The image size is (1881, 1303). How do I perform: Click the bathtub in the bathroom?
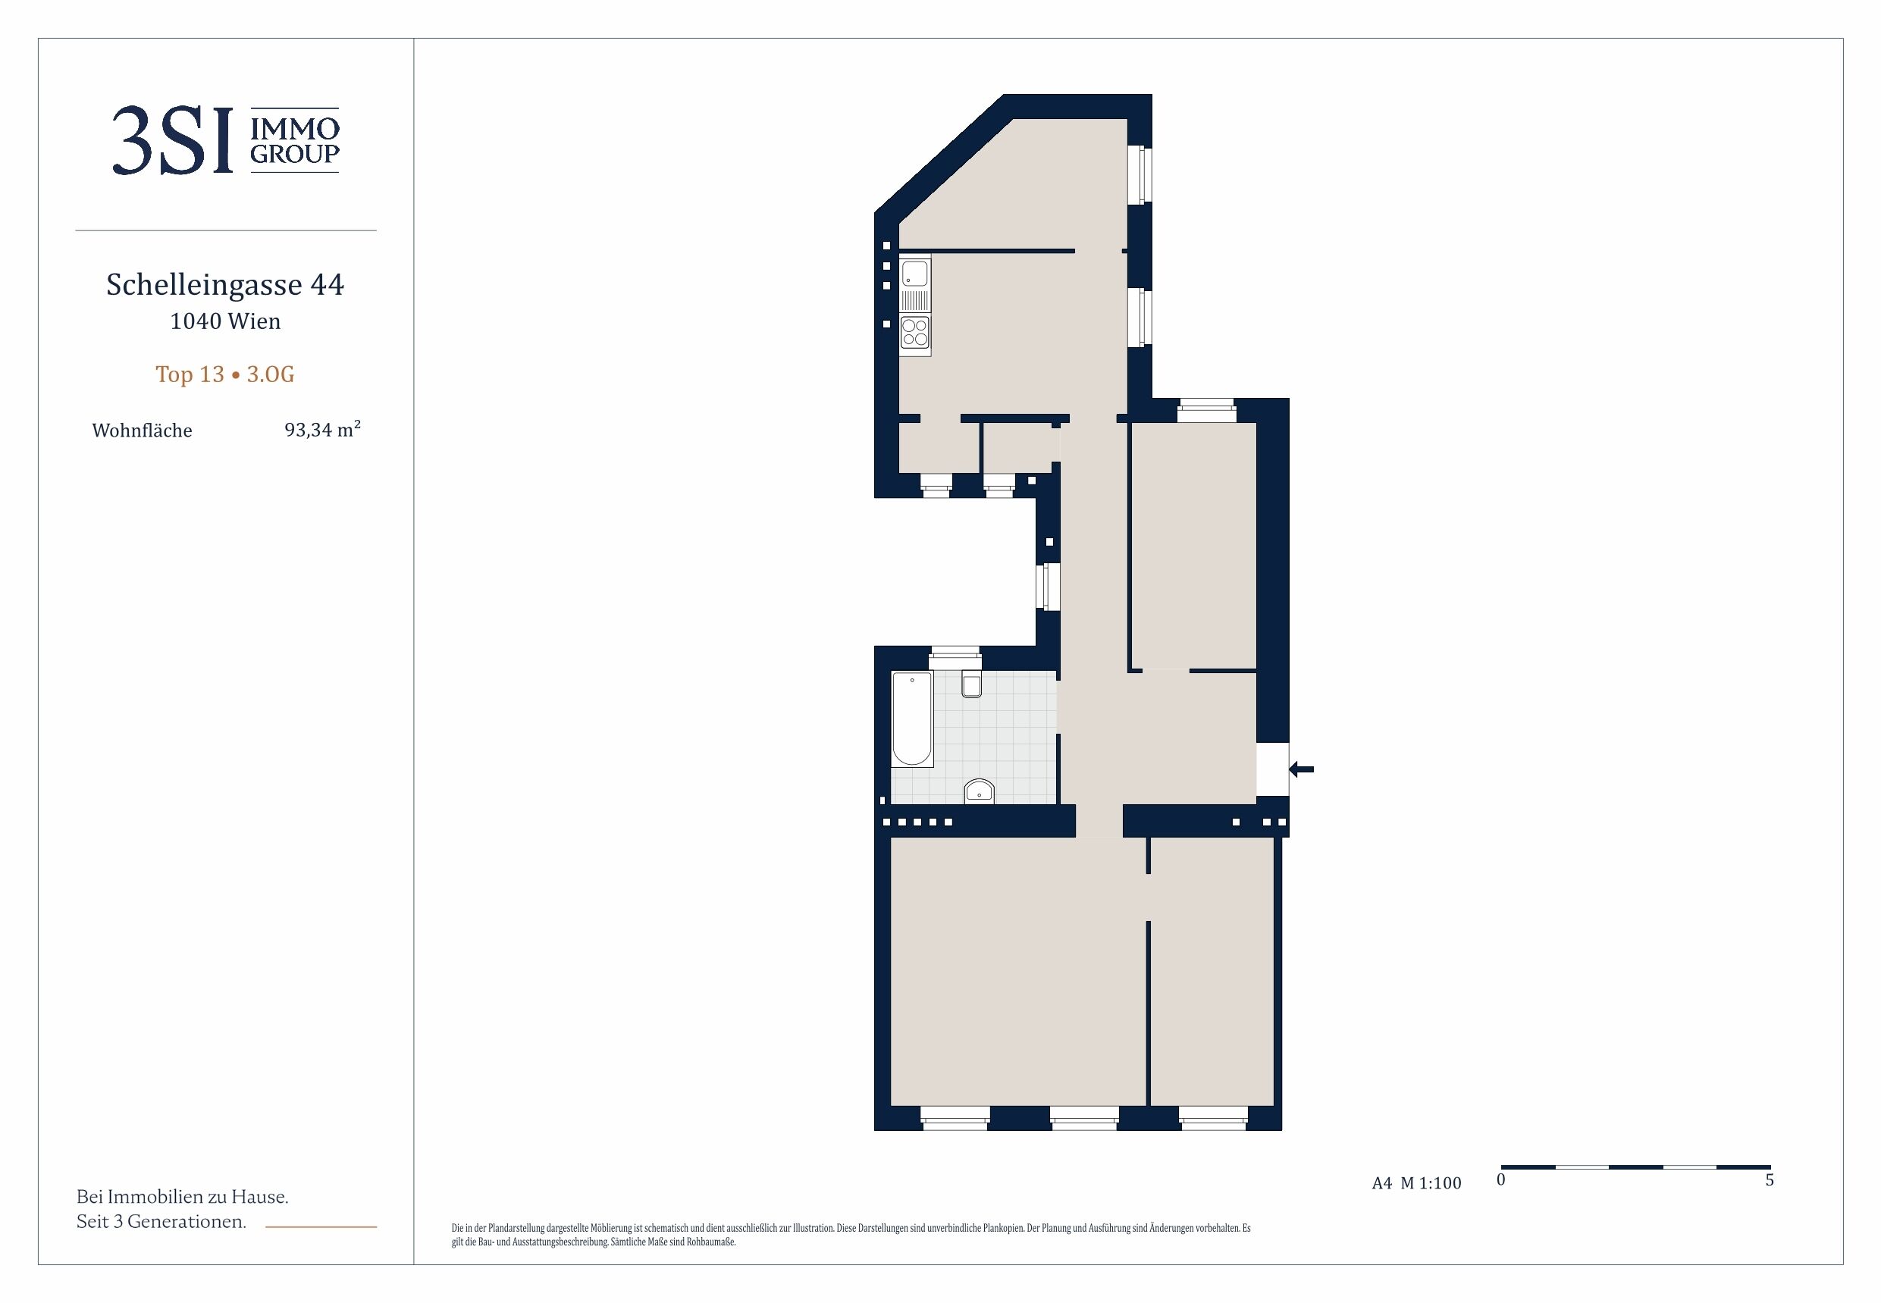[912, 719]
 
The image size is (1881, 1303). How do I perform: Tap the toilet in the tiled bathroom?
[971, 684]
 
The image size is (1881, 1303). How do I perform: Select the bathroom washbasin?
[979, 791]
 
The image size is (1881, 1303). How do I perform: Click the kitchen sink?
[914, 273]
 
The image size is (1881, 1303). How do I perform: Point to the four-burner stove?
[914, 332]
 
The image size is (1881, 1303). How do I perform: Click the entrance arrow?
[1301, 769]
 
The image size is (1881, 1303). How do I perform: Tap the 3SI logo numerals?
[172, 140]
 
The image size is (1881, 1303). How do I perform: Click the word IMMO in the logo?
[295, 129]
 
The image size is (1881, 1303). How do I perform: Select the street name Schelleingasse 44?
[225, 284]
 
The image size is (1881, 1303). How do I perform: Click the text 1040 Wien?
[225, 321]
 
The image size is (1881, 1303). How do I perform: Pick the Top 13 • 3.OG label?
[225, 374]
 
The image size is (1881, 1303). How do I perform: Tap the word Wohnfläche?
[142, 431]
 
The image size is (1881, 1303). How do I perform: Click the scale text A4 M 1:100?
[1416, 1183]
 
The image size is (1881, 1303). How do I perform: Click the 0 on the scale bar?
[1500, 1180]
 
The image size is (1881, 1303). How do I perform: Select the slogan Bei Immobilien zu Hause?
[182, 1197]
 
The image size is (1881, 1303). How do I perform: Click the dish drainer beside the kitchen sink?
[914, 300]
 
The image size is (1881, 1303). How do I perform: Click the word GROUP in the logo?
[295, 153]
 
